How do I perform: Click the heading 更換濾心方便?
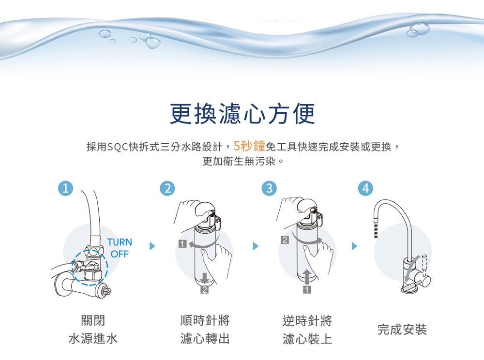242,114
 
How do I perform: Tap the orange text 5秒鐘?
249,146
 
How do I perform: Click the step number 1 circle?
65,188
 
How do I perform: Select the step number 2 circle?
167,188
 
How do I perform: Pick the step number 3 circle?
269,188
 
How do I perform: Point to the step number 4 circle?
366,188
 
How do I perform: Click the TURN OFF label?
120,248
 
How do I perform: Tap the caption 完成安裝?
402,330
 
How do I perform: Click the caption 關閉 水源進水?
93,330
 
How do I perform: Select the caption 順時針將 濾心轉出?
205,330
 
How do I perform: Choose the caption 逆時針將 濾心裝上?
307,330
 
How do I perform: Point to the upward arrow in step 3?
307,276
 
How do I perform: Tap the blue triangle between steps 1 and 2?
152,246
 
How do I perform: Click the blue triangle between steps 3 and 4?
355,246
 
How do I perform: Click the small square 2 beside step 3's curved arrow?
285,240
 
